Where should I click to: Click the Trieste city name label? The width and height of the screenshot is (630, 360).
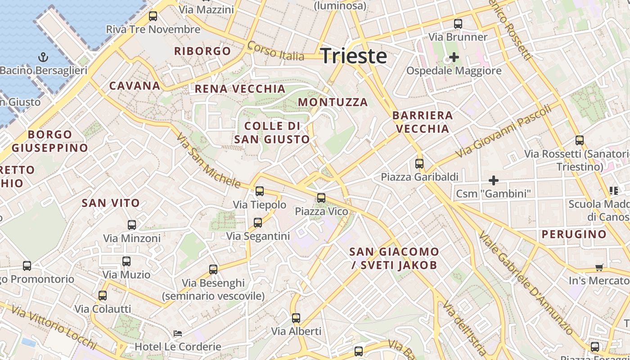[x=354, y=56]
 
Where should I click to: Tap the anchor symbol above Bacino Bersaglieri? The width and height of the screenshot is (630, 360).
[x=43, y=57]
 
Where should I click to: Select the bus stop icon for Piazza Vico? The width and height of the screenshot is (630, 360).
[x=321, y=198]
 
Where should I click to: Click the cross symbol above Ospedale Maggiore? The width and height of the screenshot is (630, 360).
[x=454, y=57]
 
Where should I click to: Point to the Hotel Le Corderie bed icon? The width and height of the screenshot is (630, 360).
[x=178, y=333]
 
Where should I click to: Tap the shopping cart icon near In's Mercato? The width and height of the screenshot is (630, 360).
[x=599, y=268]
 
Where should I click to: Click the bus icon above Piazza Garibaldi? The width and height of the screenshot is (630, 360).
[x=419, y=163]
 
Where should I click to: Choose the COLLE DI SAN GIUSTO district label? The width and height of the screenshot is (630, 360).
[x=272, y=132]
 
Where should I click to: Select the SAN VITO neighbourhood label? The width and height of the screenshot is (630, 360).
[x=111, y=203]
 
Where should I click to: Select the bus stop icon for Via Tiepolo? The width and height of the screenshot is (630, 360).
[x=259, y=191]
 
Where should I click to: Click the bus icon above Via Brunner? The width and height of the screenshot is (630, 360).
[x=458, y=24]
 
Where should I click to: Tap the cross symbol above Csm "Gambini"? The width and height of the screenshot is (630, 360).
[x=494, y=180]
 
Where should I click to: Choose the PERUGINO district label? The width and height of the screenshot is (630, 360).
[x=574, y=234]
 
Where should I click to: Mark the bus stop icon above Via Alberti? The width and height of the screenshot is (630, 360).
[x=296, y=318]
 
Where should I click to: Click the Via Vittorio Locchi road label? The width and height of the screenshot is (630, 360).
[x=54, y=327]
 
